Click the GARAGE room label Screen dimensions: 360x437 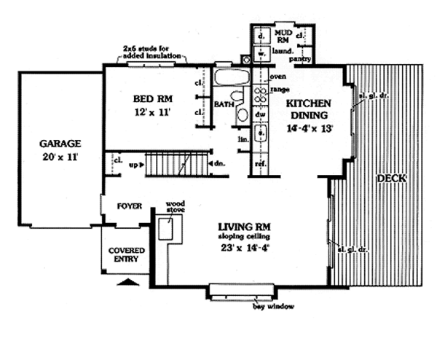pyautogui.click(x=60, y=143)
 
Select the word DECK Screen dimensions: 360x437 pyautogui.click(x=390, y=178)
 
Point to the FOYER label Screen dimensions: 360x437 pyautogui.click(x=128, y=206)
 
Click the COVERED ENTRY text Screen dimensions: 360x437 pyautogui.click(x=126, y=254)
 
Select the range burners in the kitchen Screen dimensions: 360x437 pyautogui.click(x=259, y=93)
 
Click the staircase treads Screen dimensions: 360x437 pyautogui.click(x=175, y=165)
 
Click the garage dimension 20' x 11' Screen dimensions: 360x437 pyautogui.click(x=60, y=157)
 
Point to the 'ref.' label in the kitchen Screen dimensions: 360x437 pyautogui.click(x=259, y=164)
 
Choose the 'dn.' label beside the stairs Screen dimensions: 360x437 pyautogui.click(x=219, y=164)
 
